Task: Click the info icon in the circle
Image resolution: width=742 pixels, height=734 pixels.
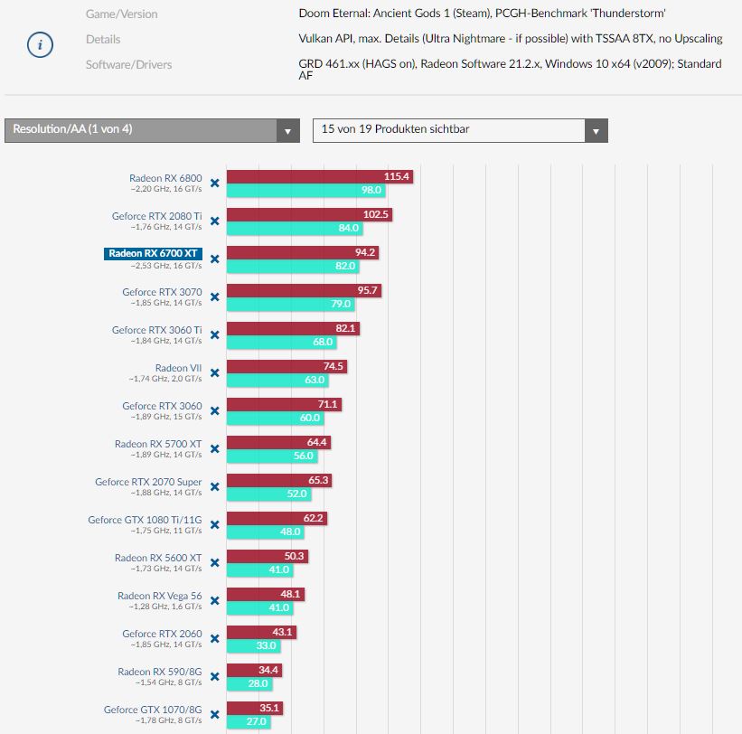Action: coord(39,45)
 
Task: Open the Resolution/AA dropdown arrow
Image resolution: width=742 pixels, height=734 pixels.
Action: coord(287,131)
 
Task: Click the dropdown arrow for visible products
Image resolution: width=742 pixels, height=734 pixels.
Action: coord(596,131)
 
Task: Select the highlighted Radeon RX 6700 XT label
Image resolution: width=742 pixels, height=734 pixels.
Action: coord(154,254)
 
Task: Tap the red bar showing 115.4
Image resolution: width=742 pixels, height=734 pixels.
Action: coord(319,177)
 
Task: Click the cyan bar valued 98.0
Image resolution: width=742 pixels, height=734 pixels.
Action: coord(305,191)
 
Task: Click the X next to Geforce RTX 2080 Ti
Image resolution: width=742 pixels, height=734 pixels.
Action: coord(215,221)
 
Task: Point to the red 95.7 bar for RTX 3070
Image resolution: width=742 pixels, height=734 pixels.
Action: coord(304,291)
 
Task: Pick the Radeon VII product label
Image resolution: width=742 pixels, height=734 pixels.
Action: coord(178,368)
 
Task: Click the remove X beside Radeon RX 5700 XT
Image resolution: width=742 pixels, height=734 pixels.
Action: coord(215,448)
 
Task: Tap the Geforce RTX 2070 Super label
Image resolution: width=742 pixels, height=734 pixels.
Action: coord(148,482)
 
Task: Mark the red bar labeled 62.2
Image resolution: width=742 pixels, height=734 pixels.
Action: coord(276,519)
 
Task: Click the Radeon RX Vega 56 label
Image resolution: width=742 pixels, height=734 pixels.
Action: coord(159,596)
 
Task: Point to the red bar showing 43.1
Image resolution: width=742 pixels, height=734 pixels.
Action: coord(261,633)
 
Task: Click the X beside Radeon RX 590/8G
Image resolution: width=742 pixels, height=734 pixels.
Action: coord(215,676)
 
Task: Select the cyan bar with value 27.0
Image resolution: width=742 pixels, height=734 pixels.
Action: coord(249,722)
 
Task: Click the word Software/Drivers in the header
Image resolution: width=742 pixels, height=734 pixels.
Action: coord(128,65)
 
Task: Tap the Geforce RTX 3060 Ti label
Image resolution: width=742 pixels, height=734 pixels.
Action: coord(156,330)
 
